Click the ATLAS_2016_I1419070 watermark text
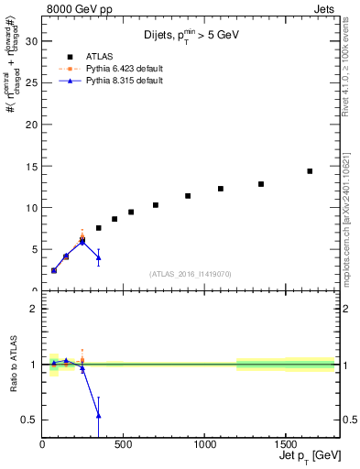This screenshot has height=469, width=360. (x=191, y=274)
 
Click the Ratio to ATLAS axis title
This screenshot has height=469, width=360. (x=14, y=365)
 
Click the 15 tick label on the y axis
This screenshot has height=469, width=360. (x=30, y=166)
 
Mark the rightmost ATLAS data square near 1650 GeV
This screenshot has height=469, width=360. (x=310, y=171)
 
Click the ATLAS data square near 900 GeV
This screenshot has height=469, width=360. (x=188, y=196)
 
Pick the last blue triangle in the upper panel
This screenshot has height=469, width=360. (x=98, y=257)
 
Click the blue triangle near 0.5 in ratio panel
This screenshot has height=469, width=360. (x=98, y=416)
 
